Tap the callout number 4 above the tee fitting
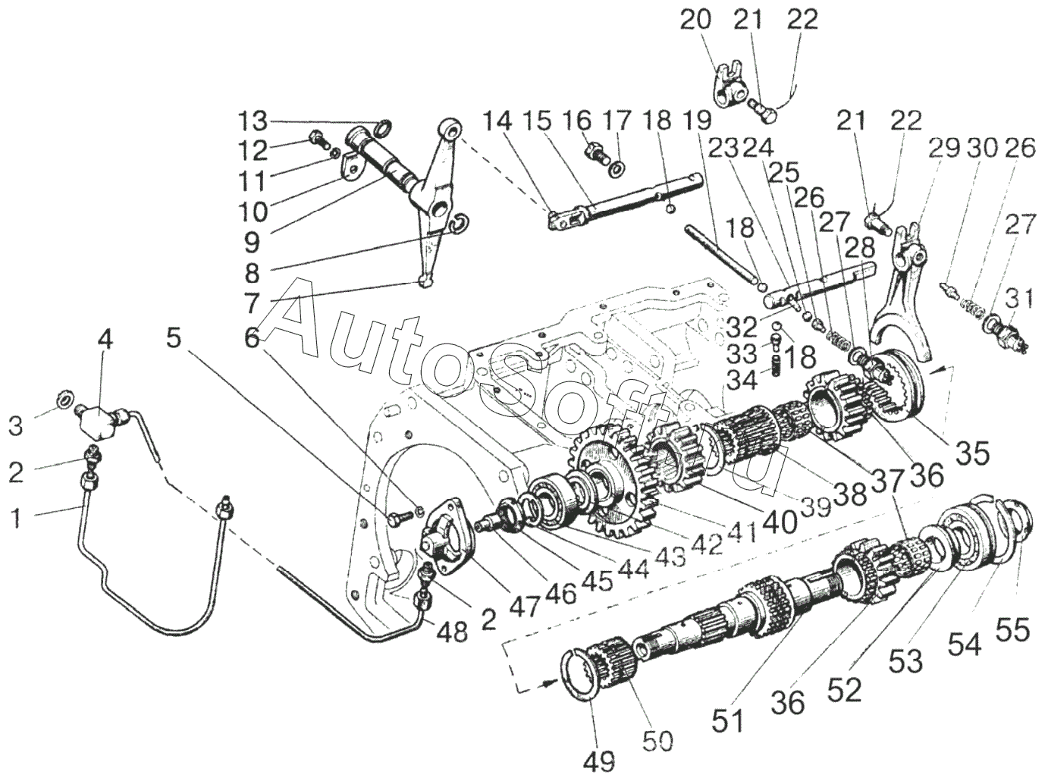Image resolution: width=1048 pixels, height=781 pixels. coord(105,340)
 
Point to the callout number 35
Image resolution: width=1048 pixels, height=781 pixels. coord(974,453)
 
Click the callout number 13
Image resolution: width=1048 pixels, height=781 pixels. coord(253,121)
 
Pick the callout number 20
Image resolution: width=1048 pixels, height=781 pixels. coord(695,20)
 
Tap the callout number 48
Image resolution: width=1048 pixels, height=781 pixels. coord(453,633)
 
